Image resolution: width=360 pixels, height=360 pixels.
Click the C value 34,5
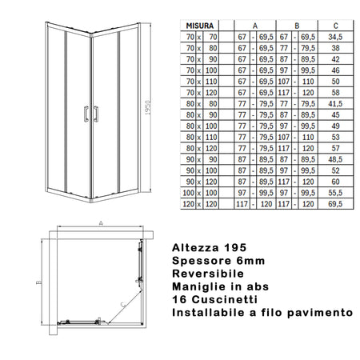[335, 37]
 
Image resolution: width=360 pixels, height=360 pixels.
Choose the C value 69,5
[335, 204]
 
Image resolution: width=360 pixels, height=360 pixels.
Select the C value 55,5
[335, 193]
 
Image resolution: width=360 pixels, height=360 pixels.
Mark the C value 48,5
[335, 159]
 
